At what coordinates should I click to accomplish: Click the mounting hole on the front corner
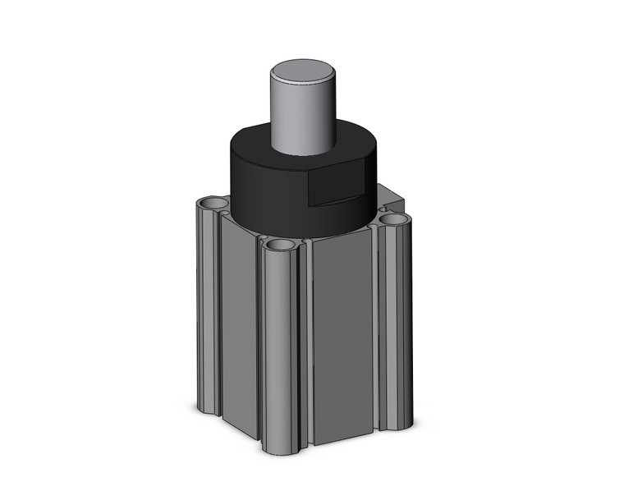coord(279,246)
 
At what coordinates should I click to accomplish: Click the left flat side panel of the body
coord(238,320)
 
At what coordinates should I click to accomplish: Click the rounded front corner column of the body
coord(279,345)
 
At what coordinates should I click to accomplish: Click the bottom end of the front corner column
coord(279,448)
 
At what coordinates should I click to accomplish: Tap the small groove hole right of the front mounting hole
coord(306,244)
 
